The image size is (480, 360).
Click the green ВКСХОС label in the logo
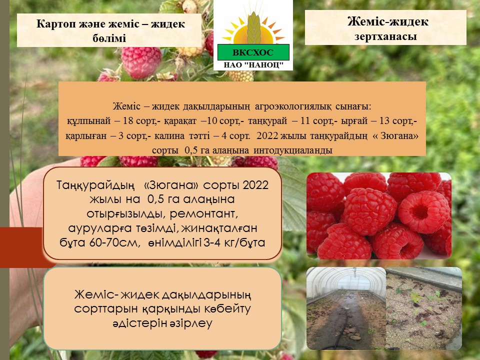pos(253,52)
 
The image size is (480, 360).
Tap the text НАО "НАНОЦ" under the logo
pos(253,65)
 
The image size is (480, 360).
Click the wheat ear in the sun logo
pos(253,27)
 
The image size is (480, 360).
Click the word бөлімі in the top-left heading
pos(109,38)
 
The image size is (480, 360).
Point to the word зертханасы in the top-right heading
pos(385,36)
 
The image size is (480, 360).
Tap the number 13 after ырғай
pos(385,121)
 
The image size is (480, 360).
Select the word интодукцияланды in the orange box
pos(293,150)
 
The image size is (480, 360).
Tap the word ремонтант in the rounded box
pos(203,213)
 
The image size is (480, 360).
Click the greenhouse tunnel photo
pos(346,308)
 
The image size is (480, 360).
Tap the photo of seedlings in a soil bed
pos(424,308)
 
